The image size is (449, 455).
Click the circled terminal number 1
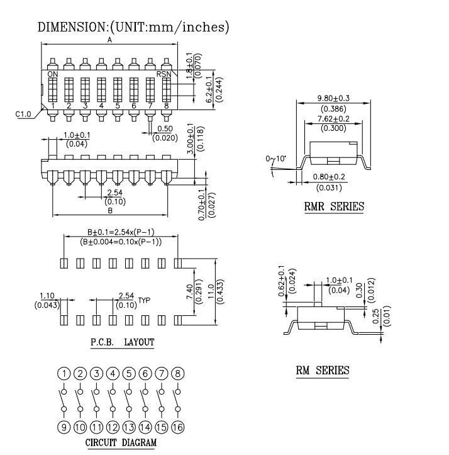64,373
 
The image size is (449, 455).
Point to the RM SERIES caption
323,371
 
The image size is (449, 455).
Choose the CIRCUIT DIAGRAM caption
121,442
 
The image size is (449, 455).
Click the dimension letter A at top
109,40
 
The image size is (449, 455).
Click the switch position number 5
117,106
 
